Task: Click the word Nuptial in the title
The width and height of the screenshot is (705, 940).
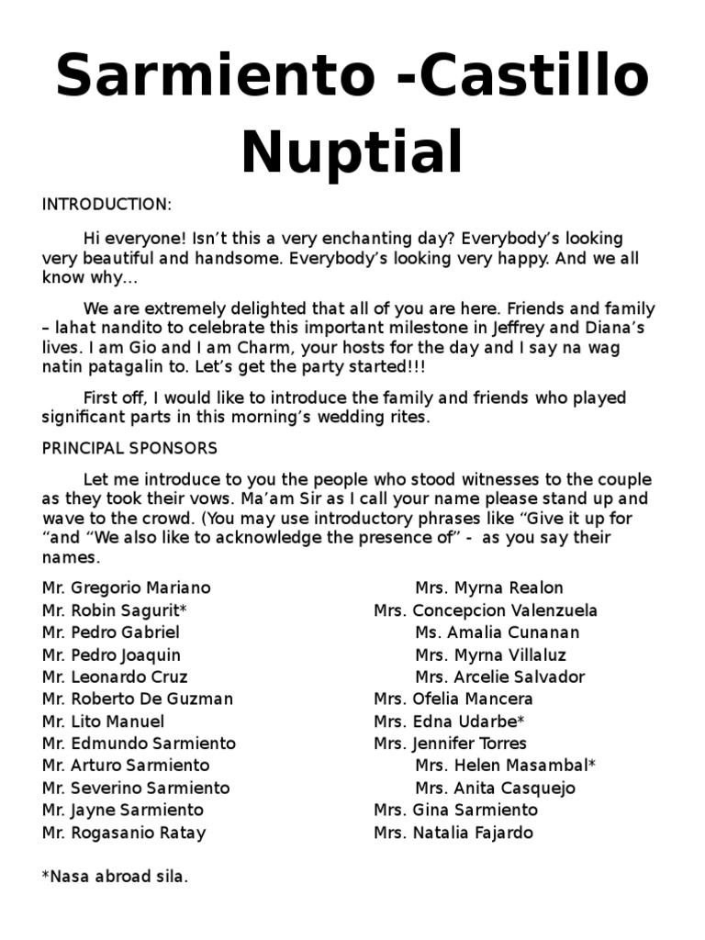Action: tap(352, 152)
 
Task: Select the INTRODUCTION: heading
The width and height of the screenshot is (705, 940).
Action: tap(106, 204)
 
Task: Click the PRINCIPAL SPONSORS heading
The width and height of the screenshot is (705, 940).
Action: tap(129, 449)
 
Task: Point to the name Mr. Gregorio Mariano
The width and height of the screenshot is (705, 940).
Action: tap(127, 587)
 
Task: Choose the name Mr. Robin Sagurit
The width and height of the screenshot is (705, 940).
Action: tap(115, 610)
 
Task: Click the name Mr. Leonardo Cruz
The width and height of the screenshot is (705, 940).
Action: tap(115, 677)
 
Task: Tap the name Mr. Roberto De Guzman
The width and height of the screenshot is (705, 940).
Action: tap(138, 699)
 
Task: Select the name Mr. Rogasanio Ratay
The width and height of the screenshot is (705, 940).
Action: tap(124, 833)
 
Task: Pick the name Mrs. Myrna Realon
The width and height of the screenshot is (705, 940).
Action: tap(489, 587)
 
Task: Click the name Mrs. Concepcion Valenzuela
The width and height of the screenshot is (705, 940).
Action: tap(486, 610)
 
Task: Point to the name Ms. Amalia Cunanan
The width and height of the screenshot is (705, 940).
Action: tap(498, 632)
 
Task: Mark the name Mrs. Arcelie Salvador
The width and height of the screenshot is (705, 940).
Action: tap(500, 677)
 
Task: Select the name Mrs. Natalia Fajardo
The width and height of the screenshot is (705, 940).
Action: tap(453, 833)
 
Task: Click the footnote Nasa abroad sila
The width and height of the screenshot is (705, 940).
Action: tap(116, 877)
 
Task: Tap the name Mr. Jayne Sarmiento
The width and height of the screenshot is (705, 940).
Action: tap(123, 810)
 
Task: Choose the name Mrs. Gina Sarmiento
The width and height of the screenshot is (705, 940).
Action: tap(456, 810)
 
